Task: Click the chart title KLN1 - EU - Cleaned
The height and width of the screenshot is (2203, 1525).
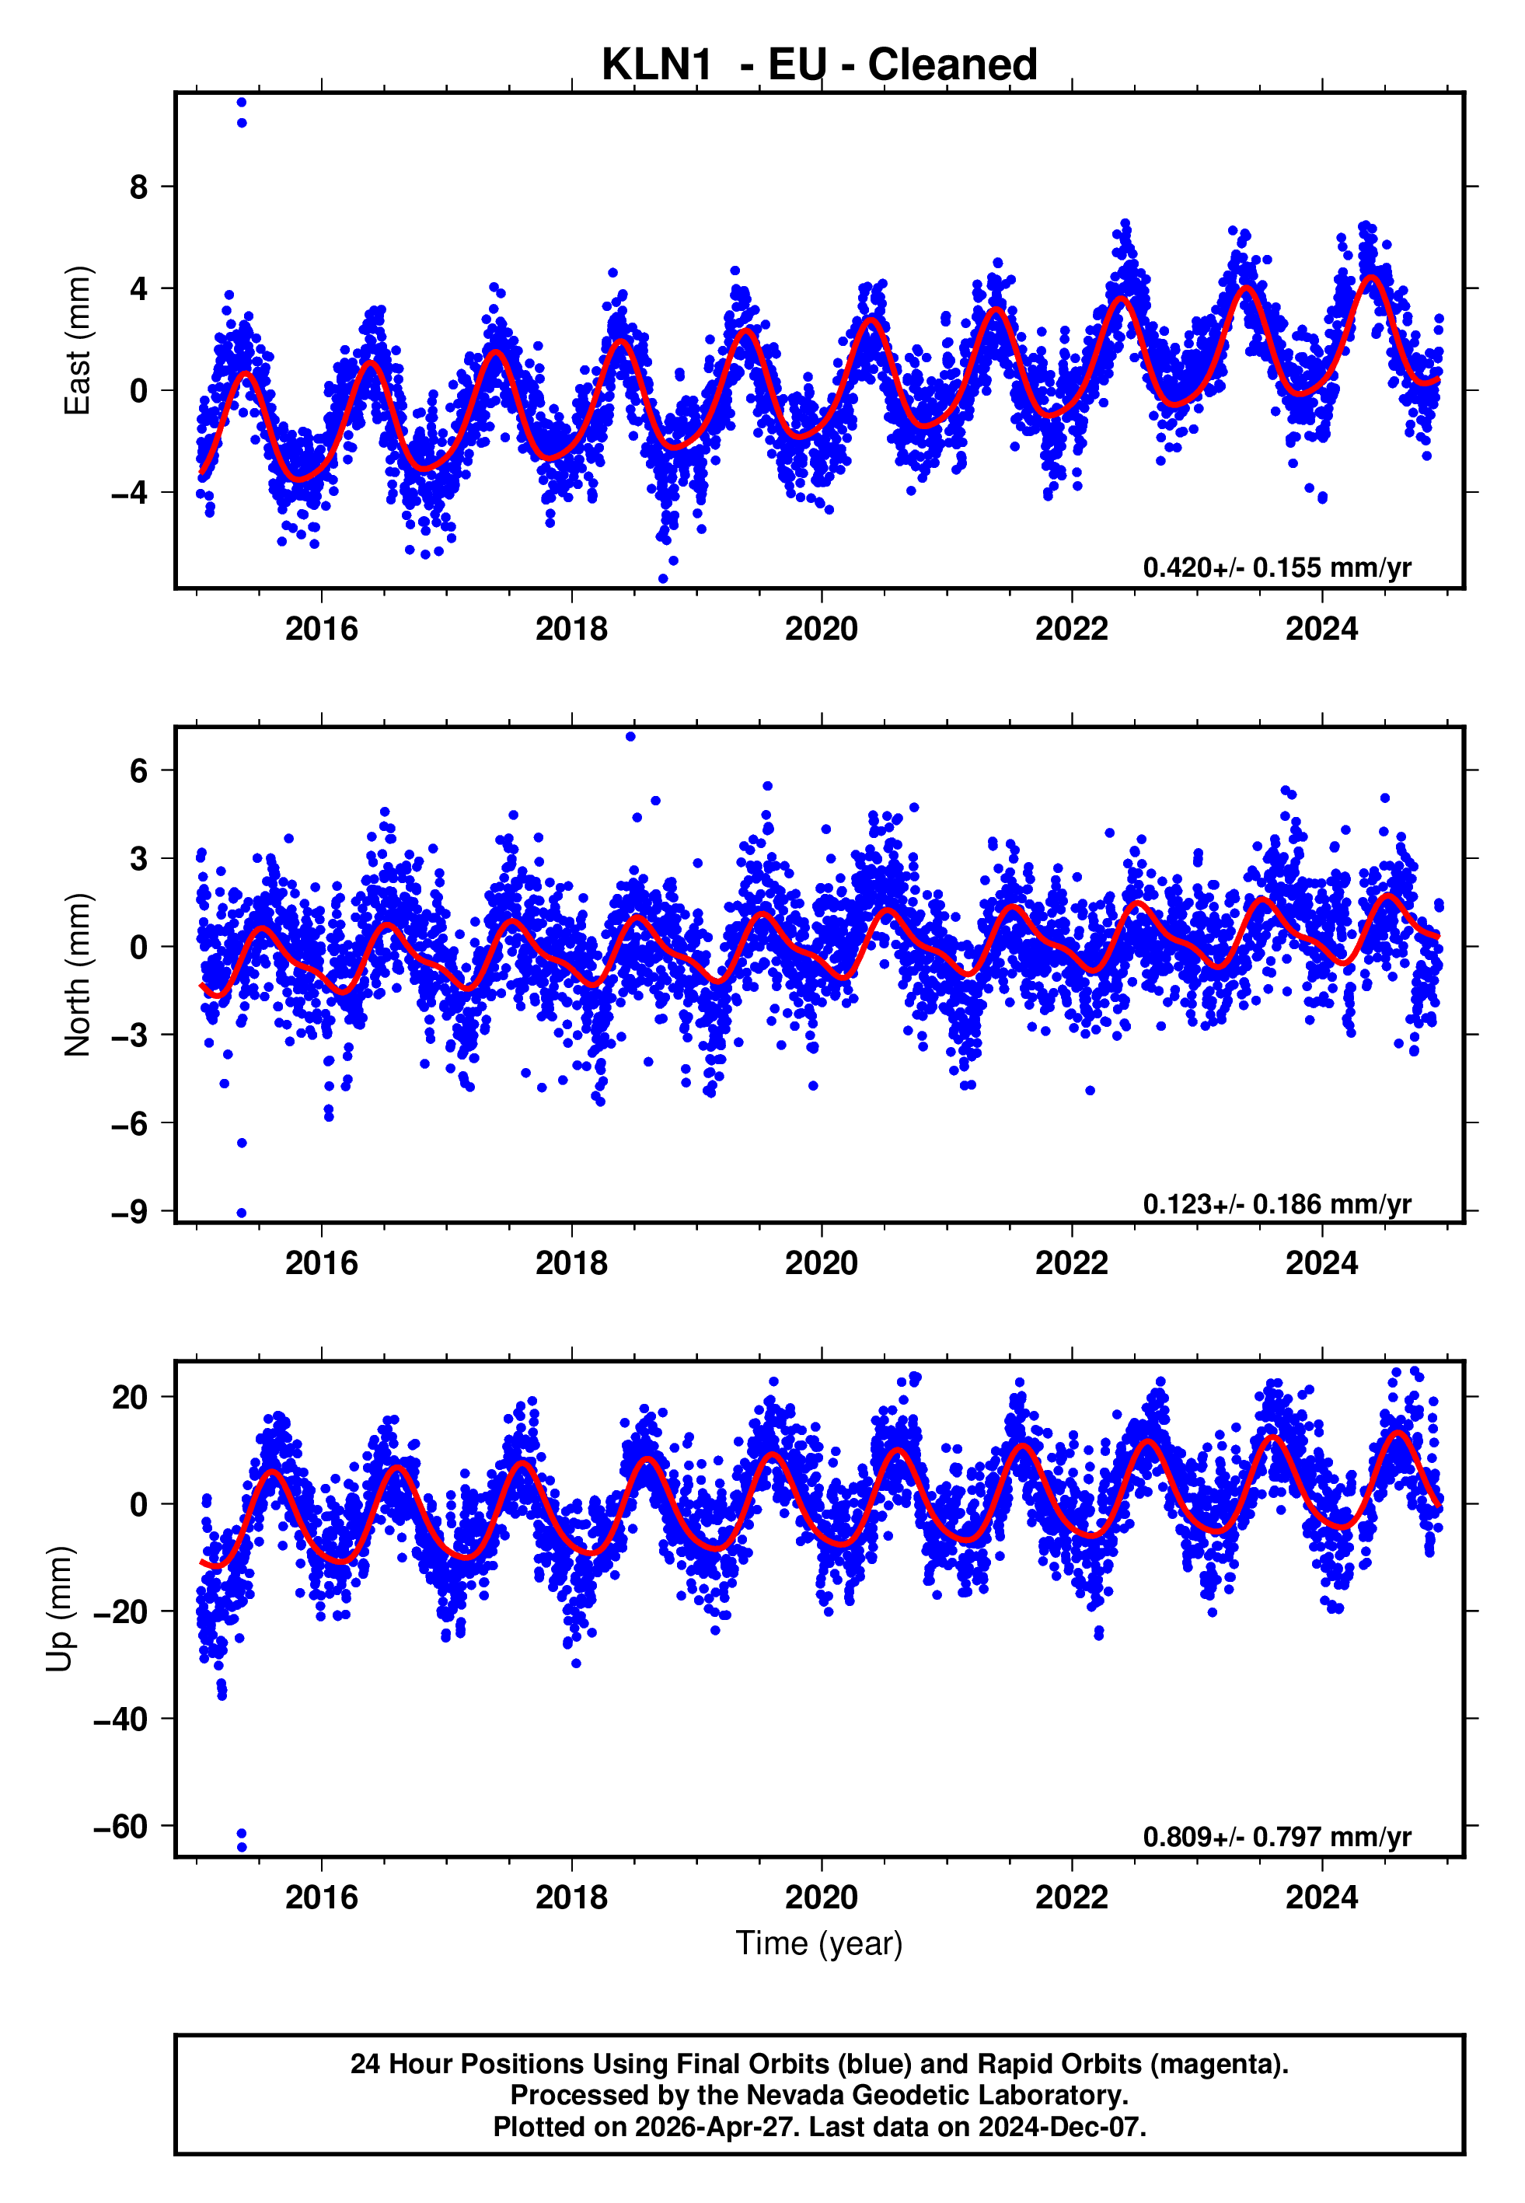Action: click(819, 65)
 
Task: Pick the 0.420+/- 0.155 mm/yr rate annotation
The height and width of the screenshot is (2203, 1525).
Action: click(1276, 567)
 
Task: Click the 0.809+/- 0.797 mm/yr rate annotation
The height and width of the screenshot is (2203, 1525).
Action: click(1276, 1837)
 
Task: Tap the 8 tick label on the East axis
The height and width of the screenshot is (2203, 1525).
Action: click(139, 187)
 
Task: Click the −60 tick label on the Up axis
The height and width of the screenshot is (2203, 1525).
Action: click(120, 1827)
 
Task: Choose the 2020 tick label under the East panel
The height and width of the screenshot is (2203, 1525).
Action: click(821, 630)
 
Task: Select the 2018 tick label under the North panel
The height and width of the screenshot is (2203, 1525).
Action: click(571, 1264)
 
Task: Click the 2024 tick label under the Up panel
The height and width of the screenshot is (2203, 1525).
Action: click(1321, 1898)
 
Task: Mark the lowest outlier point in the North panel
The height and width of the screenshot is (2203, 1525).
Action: click(242, 1213)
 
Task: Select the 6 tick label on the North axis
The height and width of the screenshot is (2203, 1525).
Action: click(139, 771)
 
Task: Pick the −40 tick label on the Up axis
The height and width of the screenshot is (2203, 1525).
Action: click(120, 1719)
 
